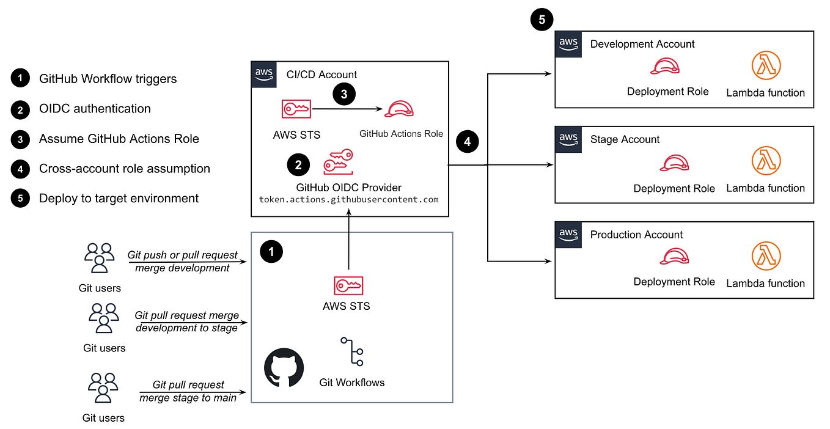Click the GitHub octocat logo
tap(284, 367)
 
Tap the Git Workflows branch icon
tap(352, 351)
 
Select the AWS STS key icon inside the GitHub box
tap(348, 285)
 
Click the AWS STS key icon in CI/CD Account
tap(296, 109)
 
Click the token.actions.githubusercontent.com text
tap(349, 199)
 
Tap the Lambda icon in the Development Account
tap(766, 65)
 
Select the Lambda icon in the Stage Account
tap(766, 161)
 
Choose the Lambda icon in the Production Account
tap(766, 257)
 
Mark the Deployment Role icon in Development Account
tap(666, 65)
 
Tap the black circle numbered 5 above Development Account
tap(542, 20)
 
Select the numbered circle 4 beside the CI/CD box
tap(467, 142)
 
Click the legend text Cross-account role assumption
tap(125, 169)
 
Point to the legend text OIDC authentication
tap(95, 109)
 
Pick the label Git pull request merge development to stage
tap(187, 321)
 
